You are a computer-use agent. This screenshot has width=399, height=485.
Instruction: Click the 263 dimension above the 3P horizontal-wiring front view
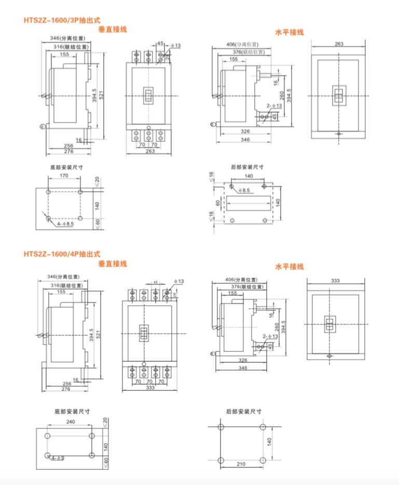click(x=338, y=44)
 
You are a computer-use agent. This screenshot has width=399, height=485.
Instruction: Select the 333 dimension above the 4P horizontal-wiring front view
click(x=336, y=281)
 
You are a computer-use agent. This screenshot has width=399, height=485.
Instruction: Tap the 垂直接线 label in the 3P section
click(x=113, y=30)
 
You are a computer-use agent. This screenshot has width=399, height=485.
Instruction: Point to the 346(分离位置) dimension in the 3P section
click(x=67, y=38)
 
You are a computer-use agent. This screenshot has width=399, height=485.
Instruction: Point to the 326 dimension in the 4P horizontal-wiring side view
click(x=243, y=360)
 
